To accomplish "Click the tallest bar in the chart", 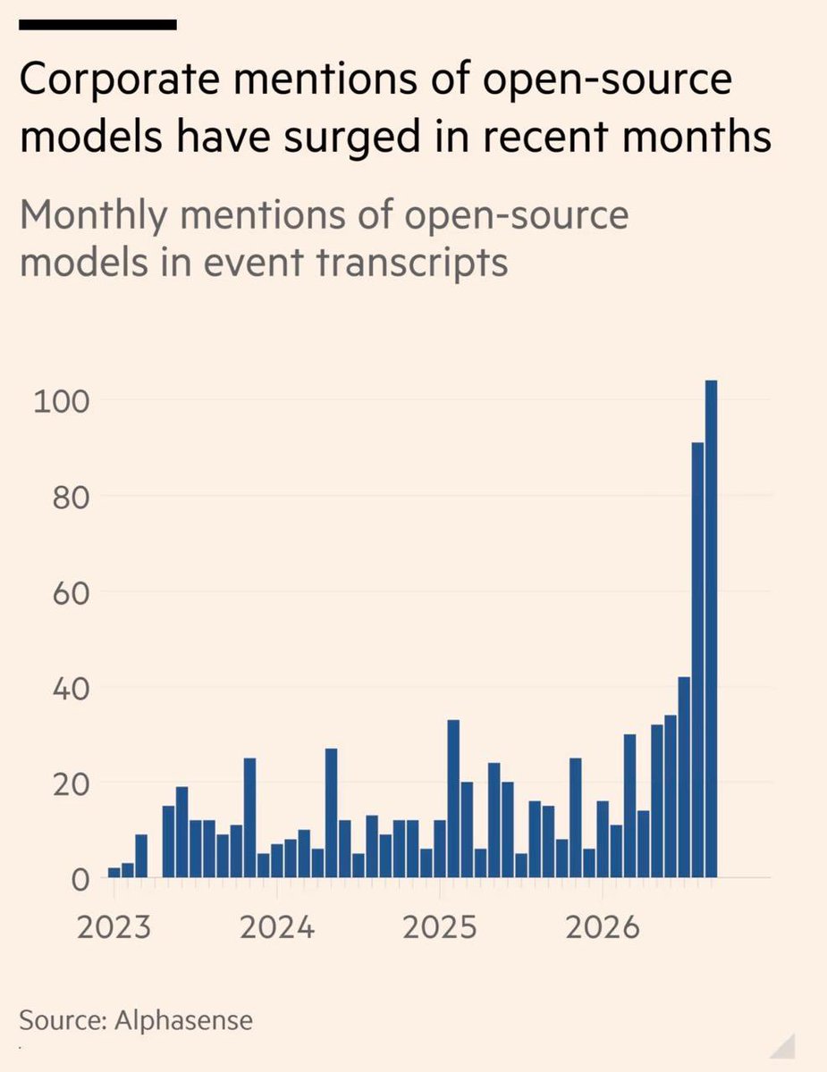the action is pyautogui.click(x=711, y=629).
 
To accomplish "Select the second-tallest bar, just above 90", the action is pyautogui.click(x=697, y=660).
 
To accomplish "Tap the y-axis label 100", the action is pyautogui.click(x=62, y=403).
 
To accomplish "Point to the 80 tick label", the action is pyautogui.click(x=72, y=498).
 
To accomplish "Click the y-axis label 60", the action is pyautogui.click(x=72, y=594).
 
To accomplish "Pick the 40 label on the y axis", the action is pyautogui.click(x=72, y=690).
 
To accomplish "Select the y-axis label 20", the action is pyautogui.click(x=72, y=785).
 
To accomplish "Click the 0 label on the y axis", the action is pyautogui.click(x=81, y=881).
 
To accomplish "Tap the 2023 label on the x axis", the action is pyautogui.click(x=114, y=928).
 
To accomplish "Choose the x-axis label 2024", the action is pyautogui.click(x=277, y=928).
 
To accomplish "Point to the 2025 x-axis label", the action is pyautogui.click(x=439, y=928).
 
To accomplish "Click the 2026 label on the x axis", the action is pyautogui.click(x=603, y=928).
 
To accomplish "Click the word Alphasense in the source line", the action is pyautogui.click(x=183, y=1019).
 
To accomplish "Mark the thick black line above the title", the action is pyautogui.click(x=97, y=25).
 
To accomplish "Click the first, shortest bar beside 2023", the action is pyautogui.click(x=114, y=873).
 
